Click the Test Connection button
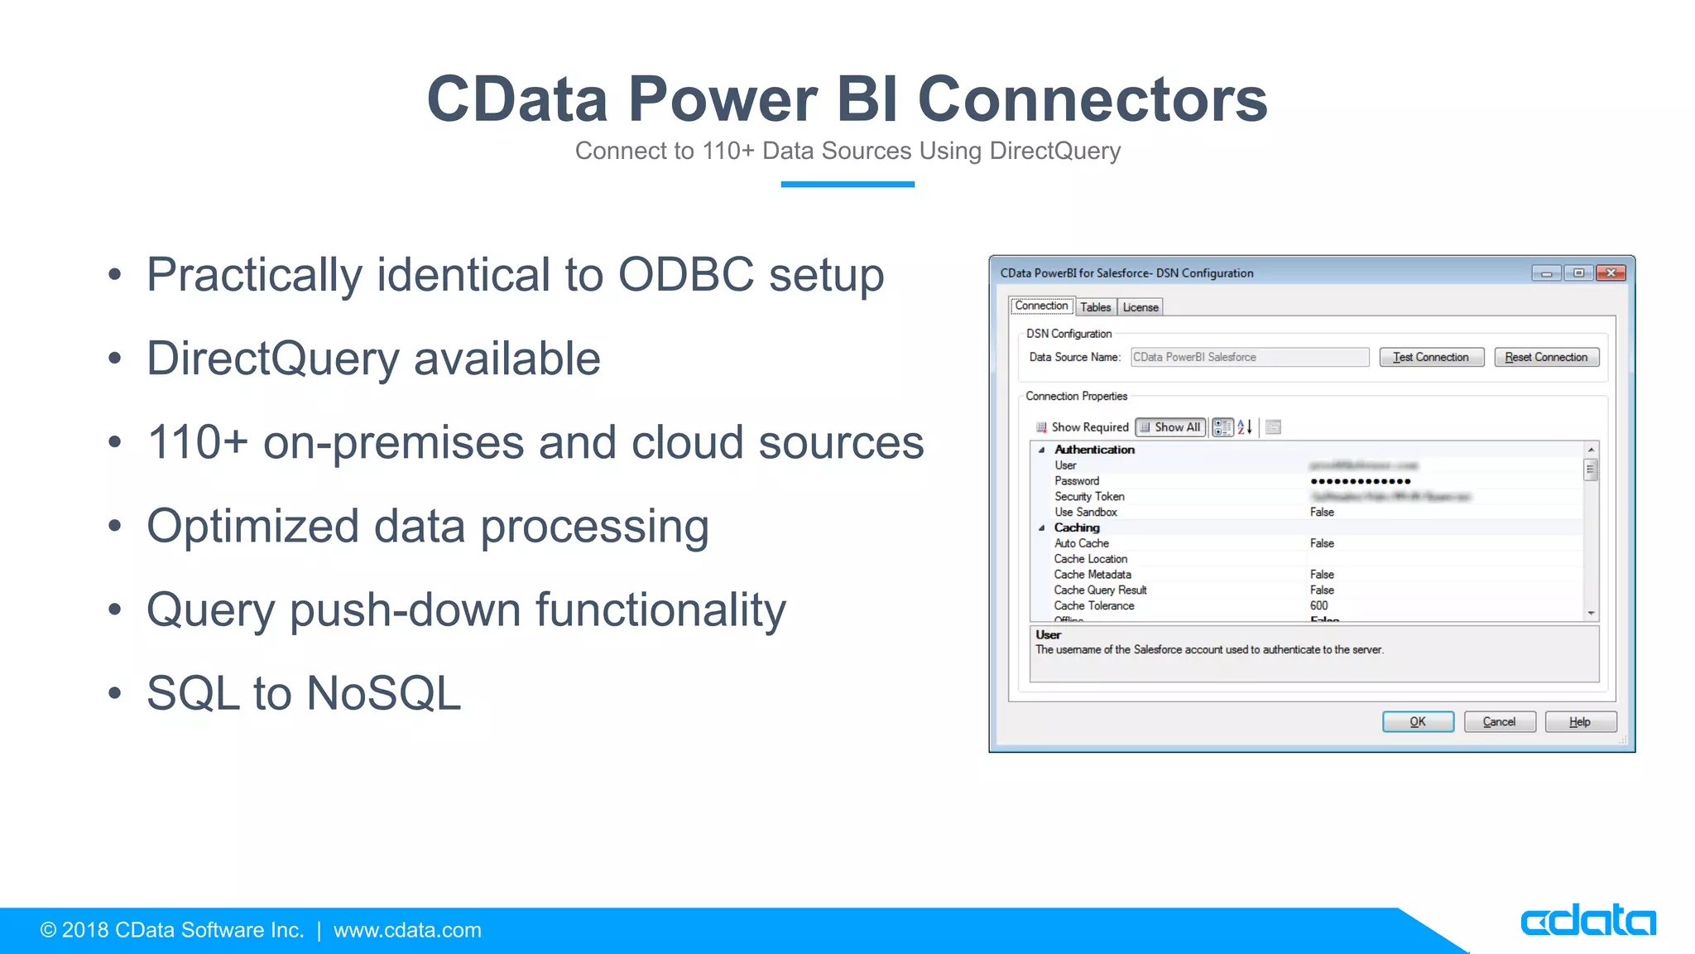point(1431,357)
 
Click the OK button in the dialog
point(1418,721)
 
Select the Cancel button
point(1499,721)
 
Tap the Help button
point(1579,721)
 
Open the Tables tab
point(1095,307)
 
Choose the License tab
point(1140,307)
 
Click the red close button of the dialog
point(1611,272)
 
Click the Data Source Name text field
point(1249,357)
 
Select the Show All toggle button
point(1170,427)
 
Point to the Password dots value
point(1361,481)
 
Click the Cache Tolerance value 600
point(1319,606)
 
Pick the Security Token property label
point(1089,497)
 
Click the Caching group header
point(1077,528)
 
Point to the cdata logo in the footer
point(1587,920)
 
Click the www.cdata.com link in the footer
point(407,930)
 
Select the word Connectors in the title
point(1092,99)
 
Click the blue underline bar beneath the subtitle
point(847,184)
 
